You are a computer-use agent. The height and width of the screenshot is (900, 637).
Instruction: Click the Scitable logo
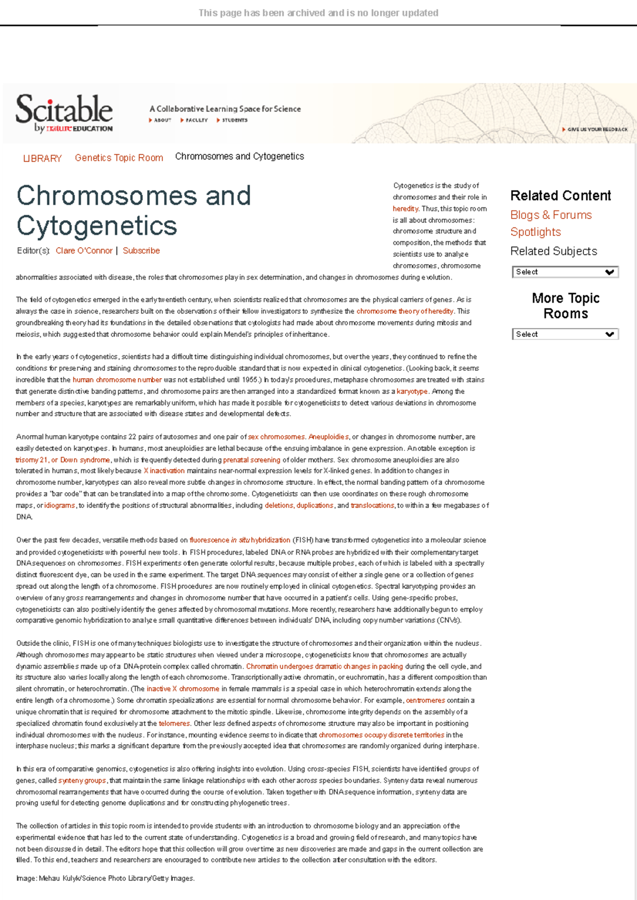click(x=64, y=112)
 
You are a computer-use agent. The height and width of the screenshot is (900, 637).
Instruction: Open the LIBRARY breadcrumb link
click(x=42, y=159)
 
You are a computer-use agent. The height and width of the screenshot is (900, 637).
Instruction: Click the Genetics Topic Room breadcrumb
click(x=119, y=158)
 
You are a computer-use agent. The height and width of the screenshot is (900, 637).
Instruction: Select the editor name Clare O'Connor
click(x=84, y=251)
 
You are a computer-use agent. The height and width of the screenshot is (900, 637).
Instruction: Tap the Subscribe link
click(x=141, y=251)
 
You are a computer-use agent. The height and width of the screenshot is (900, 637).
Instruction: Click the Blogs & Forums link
click(x=550, y=215)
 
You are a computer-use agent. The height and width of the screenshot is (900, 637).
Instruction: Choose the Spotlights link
click(x=535, y=232)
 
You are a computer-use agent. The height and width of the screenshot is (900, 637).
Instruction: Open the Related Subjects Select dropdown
click(x=565, y=272)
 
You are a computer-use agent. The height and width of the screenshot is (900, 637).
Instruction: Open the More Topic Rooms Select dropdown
click(x=565, y=335)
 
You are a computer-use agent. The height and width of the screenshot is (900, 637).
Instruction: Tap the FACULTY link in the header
click(x=196, y=120)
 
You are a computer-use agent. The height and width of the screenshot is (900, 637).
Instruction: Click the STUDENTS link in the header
click(x=234, y=120)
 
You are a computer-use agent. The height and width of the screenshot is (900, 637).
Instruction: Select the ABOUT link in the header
click(x=162, y=120)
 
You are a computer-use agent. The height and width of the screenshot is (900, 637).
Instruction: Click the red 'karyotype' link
click(x=412, y=391)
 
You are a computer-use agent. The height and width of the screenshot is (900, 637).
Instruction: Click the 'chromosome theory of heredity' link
click(x=404, y=311)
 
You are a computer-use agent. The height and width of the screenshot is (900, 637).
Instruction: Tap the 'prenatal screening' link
click(x=252, y=460)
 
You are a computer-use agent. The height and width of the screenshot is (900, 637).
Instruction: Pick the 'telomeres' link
click(x=174, y=723)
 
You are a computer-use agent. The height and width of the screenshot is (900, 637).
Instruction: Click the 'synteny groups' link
click(x=82, y=781)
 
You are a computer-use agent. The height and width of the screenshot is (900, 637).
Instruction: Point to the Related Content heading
click(x=561, y=196)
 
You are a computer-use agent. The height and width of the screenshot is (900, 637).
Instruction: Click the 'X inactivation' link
click(x=164, y=471)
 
